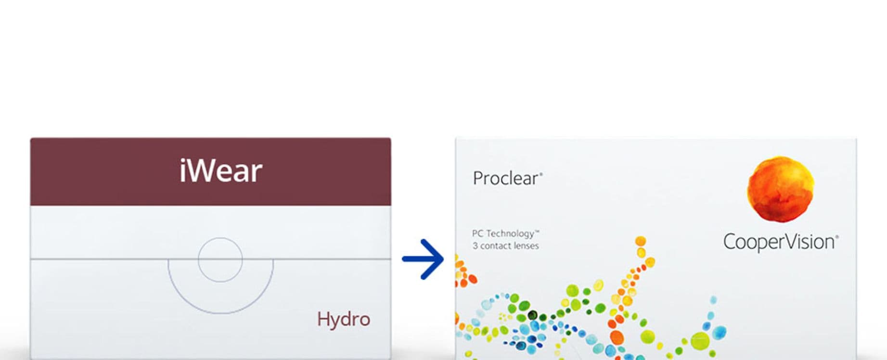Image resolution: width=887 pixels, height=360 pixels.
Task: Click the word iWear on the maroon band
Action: point(221,171)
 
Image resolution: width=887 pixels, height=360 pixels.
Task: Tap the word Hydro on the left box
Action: point(344,319)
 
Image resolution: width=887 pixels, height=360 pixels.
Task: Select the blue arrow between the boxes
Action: point(423,259)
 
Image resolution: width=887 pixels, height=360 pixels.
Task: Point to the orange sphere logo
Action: point(780,189)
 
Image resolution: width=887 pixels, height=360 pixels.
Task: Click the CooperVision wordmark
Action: point(781,242)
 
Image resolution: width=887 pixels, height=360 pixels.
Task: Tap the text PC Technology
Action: point(505,234)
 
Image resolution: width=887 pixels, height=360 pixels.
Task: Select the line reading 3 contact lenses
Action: point(505,246)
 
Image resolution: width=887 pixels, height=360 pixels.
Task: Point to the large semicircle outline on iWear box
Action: point(220,314)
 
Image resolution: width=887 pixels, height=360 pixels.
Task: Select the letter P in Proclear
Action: point(478,179)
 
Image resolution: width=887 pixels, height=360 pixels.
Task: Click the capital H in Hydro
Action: point(323,319)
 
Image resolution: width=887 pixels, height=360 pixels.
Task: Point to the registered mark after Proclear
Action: point(541,174)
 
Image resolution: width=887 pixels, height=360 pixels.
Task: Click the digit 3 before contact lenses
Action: point(475,246)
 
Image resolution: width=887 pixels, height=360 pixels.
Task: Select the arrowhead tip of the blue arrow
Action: point(443,259)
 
